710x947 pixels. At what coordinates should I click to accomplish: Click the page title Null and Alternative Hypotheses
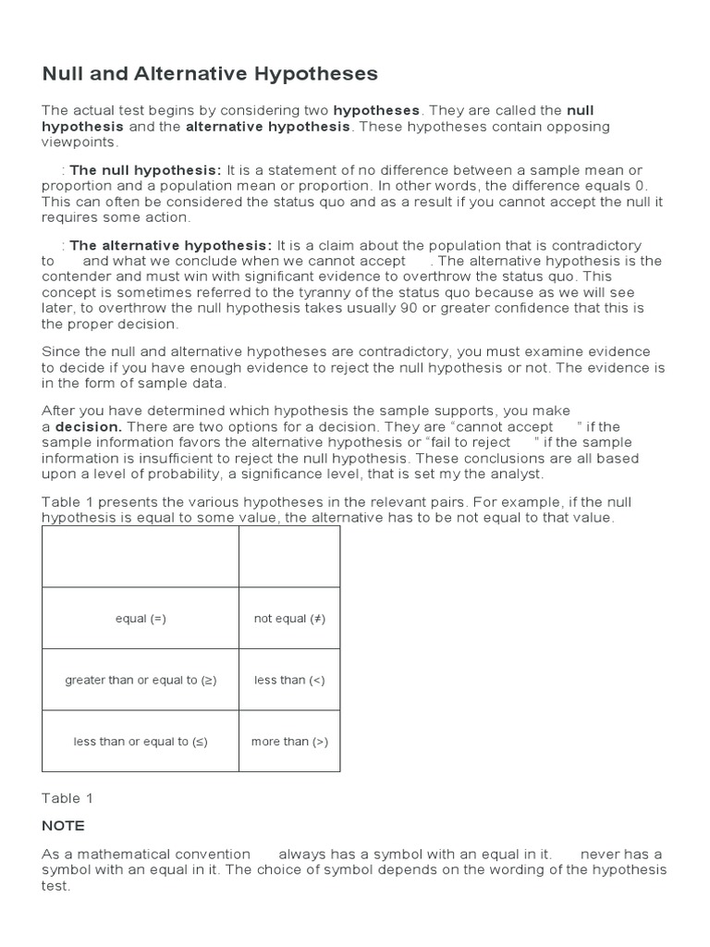(x=210, y=73)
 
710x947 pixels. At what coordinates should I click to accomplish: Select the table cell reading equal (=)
(x=141, y=619)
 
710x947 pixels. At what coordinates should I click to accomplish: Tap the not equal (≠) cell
(x=289, y=619)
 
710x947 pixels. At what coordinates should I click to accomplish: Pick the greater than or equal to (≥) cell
(x=141, y=680)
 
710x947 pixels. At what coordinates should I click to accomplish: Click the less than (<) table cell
(x=289, y=680)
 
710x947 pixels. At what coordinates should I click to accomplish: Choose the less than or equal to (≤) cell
(x=141, y=742)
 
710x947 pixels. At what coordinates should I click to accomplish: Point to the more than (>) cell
(x=289, y=742)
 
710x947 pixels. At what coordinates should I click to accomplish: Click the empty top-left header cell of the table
(x=141, y=557)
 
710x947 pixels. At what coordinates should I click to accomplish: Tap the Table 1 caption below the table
(x=67, y=798)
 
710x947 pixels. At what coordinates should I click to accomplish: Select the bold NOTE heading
(x=63, y=825)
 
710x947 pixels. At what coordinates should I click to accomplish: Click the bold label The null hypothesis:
(x=145, y=170)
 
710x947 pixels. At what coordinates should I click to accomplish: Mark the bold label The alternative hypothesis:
(x=170, y=245)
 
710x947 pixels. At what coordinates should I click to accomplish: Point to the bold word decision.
(x=89, y=426)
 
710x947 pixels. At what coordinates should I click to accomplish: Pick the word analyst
(x=518, y=473)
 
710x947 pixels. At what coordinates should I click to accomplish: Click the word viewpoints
(x=80, y=142)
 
